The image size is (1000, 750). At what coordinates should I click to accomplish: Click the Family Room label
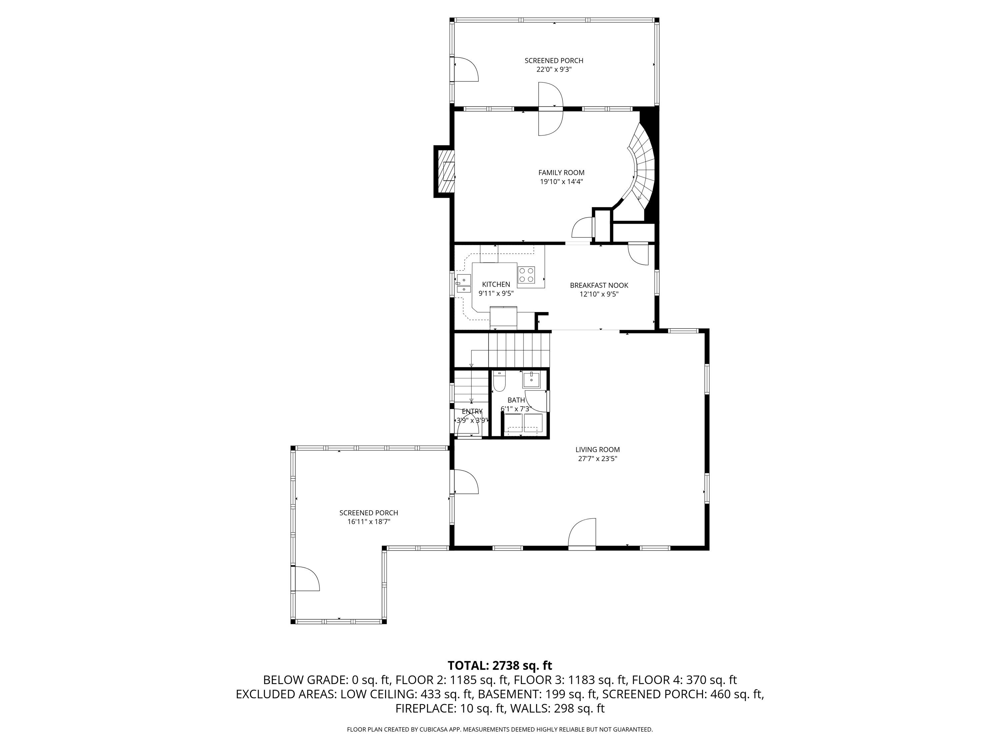(x=561, y=172)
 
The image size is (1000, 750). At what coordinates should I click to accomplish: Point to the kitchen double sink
(x=463, y=283)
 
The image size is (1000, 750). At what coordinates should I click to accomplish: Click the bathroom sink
(x=531, y=380)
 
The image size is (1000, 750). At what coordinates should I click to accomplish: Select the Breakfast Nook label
(x=599, y=285)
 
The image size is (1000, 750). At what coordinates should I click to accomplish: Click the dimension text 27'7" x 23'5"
(x=597, y=458)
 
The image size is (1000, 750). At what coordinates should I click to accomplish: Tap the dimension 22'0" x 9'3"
(x=554, y=70)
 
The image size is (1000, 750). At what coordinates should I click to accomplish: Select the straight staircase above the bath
(x=520, y=350)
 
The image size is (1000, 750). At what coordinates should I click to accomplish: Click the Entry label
(x=472, y=411)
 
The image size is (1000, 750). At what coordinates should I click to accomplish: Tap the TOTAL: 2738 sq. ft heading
(x=500, y=665)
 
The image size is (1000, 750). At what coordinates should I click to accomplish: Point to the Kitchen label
(x=496, y=284)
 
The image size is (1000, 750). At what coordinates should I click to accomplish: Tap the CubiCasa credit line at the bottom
(x=500, y=729)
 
